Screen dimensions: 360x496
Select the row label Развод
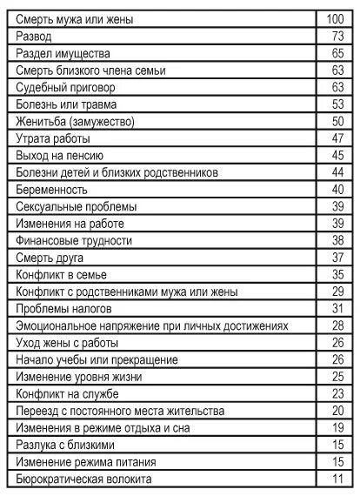pos(34,37)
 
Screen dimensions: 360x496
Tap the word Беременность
pos(51,190)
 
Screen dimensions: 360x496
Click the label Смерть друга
pos(51,258)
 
